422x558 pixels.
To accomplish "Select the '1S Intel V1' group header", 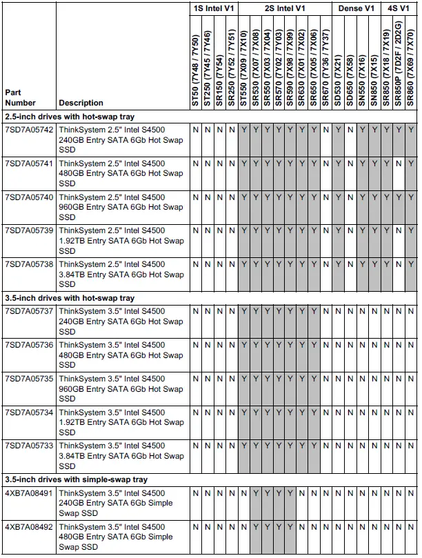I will coord(214,8).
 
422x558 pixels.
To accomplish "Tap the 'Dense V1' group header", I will coord(356,8).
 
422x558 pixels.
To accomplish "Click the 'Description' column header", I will coord(81,103).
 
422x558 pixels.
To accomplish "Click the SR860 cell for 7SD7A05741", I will coord(411,163).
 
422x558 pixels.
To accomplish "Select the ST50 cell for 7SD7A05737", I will coord(196,311).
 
